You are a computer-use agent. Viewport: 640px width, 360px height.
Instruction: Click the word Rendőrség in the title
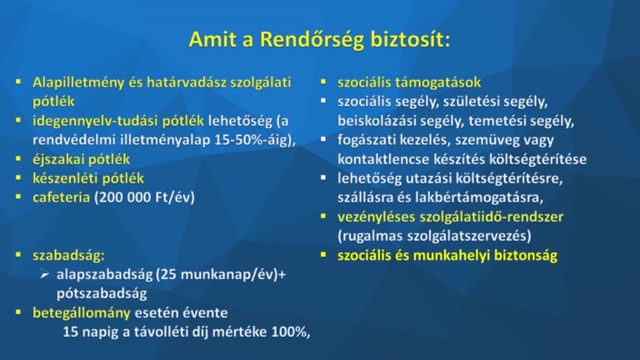tap(312, 40)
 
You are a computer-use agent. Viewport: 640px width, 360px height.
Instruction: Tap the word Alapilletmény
tap(78, 82)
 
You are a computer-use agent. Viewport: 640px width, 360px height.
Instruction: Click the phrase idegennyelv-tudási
tap(118, 121)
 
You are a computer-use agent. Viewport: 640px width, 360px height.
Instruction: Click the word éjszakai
tap(58, 159)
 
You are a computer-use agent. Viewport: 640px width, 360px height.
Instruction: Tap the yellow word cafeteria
tap(61, 197)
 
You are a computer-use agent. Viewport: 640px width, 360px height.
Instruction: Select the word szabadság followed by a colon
tap(68, 256)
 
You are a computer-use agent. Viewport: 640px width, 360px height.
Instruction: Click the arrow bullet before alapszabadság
tap(45, 275)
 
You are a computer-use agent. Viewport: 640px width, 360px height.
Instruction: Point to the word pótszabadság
tap(102, 294)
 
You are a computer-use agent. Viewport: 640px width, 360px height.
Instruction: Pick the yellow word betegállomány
tap(82, 313)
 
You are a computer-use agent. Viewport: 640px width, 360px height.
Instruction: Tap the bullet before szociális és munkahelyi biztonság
tap(323, 255)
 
